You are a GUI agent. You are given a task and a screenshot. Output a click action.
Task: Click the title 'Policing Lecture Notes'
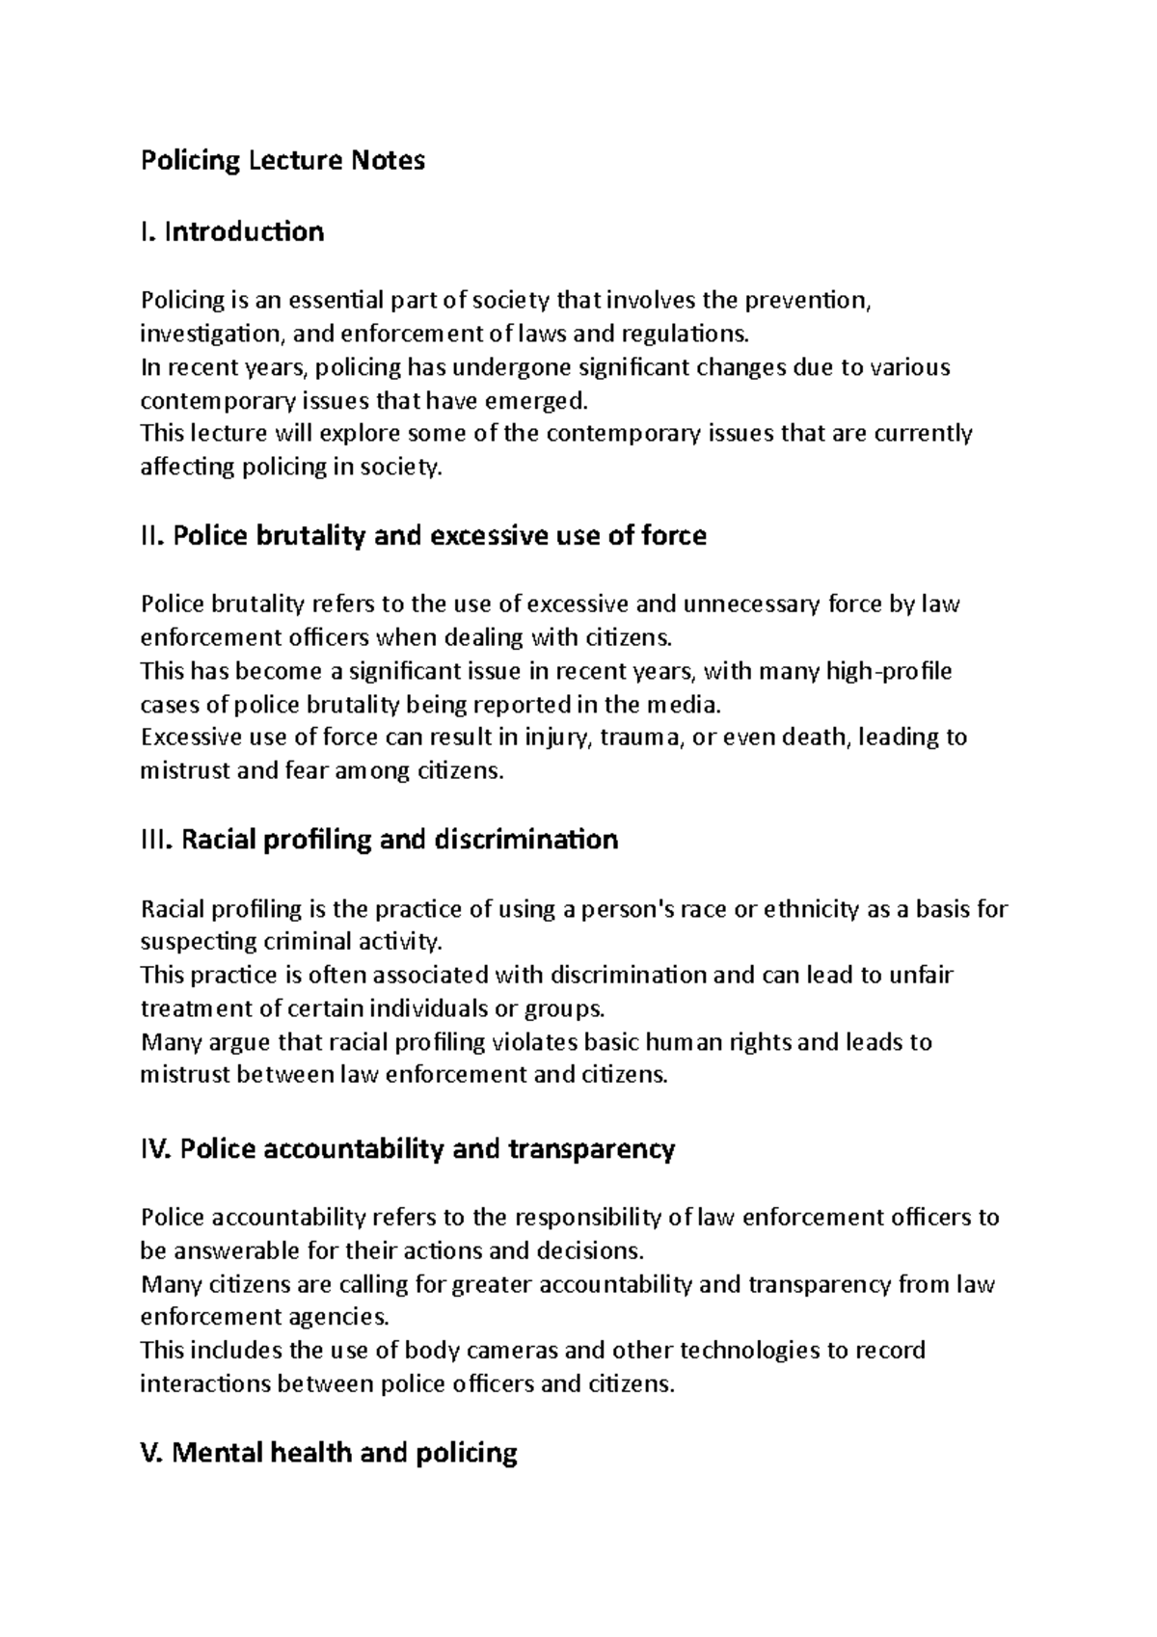pos(283,160)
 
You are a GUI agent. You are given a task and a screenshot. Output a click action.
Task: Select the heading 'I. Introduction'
pos(232,231)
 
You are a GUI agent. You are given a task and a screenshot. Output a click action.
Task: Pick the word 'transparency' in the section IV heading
pos(590,1149)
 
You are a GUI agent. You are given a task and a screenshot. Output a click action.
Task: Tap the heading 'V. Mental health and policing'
pos(329,1453)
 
